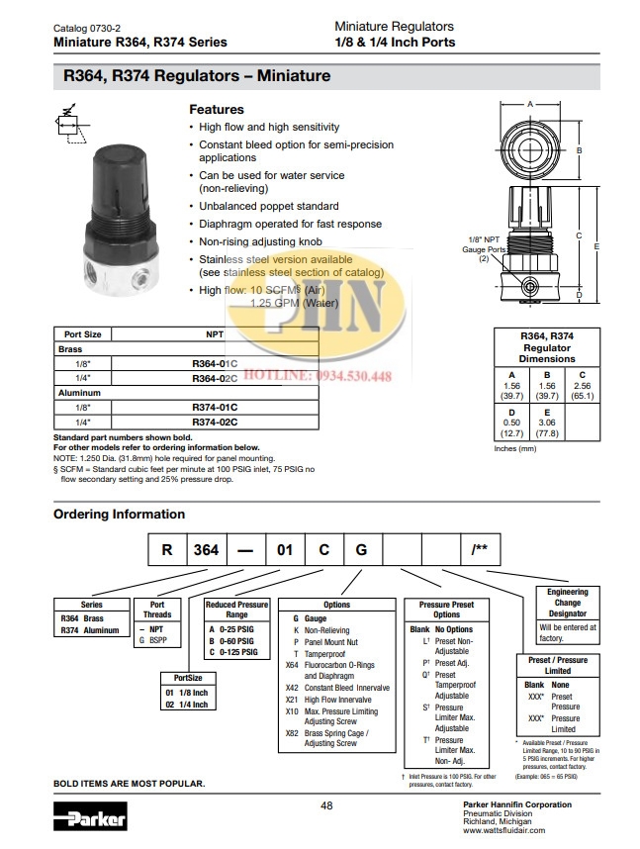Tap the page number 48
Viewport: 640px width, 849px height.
point(326,805)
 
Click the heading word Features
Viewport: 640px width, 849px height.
point(216,110)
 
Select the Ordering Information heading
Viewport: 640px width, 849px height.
point(119,514)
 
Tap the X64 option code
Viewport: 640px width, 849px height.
point(291,666)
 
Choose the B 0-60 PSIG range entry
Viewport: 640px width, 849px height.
point(232,640)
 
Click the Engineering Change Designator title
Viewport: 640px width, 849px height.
point(567,602)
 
